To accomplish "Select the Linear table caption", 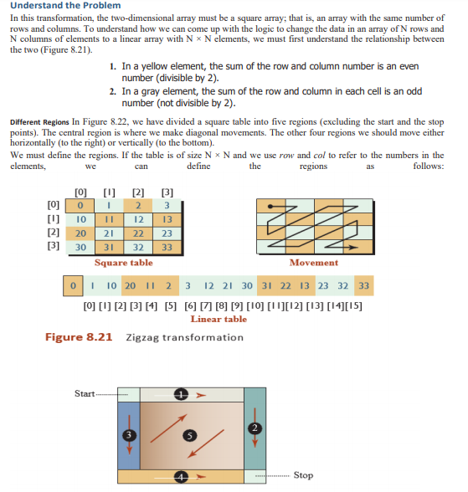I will coord(219,319).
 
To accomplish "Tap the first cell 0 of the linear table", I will coord(74,286).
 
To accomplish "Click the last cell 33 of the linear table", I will coord(363,286).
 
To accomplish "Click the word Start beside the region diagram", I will coord(85,392).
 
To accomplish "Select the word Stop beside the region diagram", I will coord(304,475).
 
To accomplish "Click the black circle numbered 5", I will coord(189,435).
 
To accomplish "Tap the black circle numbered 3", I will coord(127,434).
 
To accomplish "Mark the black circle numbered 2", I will coord(254,428).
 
